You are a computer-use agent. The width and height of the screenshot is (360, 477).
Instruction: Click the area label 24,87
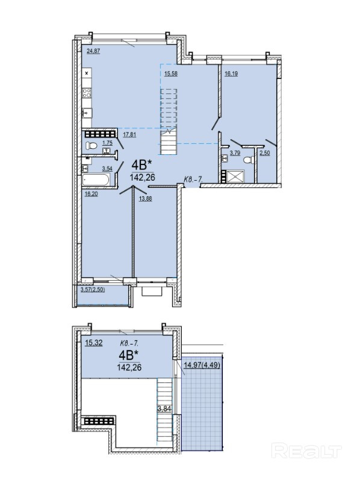pyautogui.click(x=93, y=51)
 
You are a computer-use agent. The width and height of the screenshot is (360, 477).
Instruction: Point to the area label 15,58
pyautogui.click(x=170, y=73)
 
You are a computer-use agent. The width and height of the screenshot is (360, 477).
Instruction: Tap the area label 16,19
pyautogui.click(x=231, y=73)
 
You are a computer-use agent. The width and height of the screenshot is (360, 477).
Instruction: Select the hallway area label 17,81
pyautogui.click(x=129, y=134)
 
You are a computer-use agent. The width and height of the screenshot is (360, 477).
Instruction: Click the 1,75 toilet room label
pyautogui.click(x=107, y=143)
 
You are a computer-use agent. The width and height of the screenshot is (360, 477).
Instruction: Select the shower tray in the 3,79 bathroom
pyautogui.click(x=235, y=176)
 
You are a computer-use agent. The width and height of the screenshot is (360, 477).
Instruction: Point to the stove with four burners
pyautogui.click(x=87, y=93)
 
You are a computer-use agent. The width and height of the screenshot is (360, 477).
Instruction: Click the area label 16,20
pyautogui.click(x=92, y=193)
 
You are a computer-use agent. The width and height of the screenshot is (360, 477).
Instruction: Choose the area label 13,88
pyautogui.click(x=145, y=199)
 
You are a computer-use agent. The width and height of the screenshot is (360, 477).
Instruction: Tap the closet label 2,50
pyautogui.click(x=265, y=153)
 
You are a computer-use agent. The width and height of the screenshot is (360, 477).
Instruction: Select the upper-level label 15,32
pyautogui.click(x=94, y=343)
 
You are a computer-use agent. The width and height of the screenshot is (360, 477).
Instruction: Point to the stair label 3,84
pyautogui.click(x=164, y=409)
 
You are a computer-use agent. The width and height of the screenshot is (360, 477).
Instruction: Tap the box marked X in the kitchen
pyautogui.click(x=87, y=73)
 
